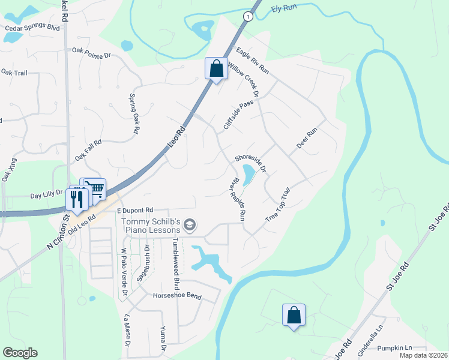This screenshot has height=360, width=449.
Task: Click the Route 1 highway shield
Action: [x=247, y=17]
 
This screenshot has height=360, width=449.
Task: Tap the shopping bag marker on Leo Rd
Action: [x=216, y=68]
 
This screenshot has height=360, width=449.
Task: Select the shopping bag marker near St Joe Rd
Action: [x=294, y=315]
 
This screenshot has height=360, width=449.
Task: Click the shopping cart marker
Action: [x=94, y=189]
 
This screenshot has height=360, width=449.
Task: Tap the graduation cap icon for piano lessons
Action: [x=190, y=225]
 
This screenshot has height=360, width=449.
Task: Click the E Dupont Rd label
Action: [x=135, y=211]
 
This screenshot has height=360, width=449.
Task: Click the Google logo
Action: [x=20, y=353]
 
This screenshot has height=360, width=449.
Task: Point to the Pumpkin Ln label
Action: [x=394, y=348]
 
